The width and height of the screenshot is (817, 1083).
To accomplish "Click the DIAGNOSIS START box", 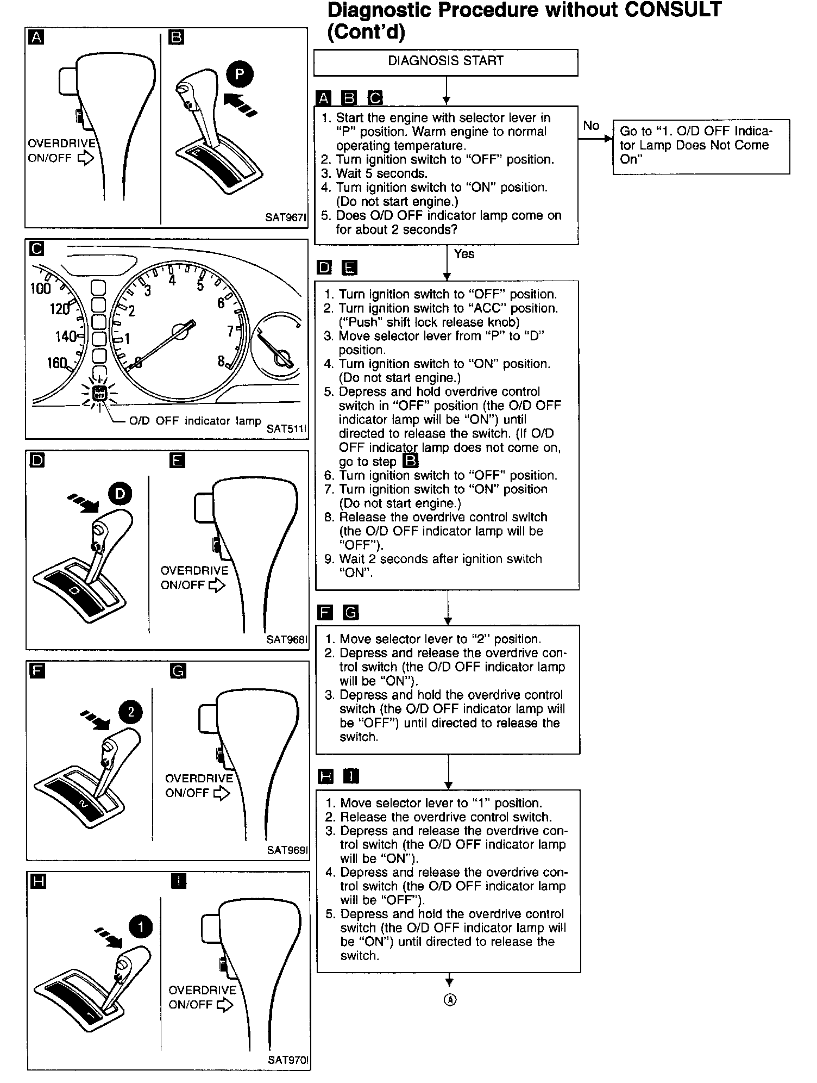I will coord(445,62).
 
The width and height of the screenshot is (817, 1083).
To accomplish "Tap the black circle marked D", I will coord(120,494).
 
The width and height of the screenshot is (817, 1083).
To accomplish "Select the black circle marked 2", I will coord(130,712).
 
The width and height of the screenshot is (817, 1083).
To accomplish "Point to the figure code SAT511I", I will coord(287,428).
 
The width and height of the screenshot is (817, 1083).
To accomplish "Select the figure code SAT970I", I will coord(288,1060).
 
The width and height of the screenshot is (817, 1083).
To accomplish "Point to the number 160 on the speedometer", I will coord(57,363).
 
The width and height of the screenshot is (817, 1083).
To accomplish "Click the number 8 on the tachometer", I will coord(221,361).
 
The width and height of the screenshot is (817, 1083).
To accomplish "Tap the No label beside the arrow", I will coord(591,126).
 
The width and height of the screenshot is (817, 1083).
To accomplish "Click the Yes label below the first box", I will coord(464,254).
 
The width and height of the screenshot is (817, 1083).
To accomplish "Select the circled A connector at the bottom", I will coord(450,1000).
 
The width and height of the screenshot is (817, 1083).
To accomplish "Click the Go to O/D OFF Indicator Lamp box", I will coord(701,146).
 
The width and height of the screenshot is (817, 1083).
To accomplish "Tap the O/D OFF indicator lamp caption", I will coord(195,421).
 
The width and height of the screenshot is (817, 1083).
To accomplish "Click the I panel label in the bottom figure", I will coord(178,881).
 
